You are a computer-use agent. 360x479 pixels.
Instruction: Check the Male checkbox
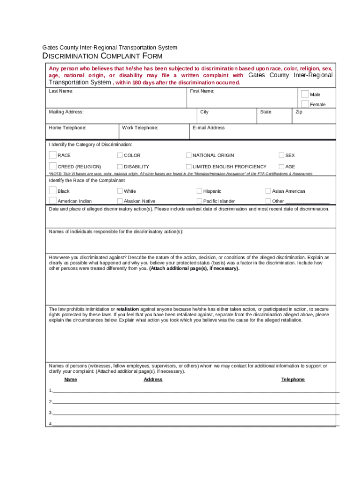point(305,94)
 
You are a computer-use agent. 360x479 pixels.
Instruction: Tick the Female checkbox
point(305,103)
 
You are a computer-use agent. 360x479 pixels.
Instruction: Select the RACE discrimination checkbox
point(52,155)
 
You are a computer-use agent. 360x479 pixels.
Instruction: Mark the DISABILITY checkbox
point(120,167)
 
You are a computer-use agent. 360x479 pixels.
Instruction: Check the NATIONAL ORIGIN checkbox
point(189,155)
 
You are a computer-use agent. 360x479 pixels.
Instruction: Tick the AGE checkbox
point(281,167)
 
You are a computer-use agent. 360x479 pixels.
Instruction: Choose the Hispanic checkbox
point(199,191)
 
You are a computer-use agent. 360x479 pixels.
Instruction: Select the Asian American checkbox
point(268,191)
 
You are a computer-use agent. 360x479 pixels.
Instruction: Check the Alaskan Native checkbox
point(120,201)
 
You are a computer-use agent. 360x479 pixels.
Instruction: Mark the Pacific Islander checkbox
point(199,201)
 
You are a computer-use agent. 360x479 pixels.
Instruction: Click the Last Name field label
point(61,91)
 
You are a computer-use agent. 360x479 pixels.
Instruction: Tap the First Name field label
point(202,91)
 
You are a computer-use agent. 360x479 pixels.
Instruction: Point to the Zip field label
point(299,112)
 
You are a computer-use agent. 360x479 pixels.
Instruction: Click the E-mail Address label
point(209,128)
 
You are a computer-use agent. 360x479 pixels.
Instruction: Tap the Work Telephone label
point(140,128)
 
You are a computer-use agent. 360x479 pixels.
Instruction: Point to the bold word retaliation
point(127,309)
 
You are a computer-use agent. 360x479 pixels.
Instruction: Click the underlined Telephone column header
point(293,379)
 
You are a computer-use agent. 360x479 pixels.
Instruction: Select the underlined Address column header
point(153,379)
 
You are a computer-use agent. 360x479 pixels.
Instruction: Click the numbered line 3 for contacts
point(187,413)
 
